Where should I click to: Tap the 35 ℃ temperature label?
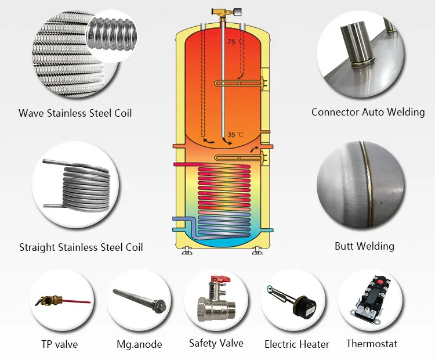coord(235,135)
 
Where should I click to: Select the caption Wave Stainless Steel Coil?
coord(75,113)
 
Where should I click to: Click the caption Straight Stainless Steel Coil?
coord(81,247)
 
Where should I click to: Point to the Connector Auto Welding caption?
coord(368,112)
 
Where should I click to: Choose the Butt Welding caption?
coord(364,246)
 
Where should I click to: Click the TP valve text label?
coord(59,344)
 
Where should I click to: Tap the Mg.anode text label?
coord(139,344)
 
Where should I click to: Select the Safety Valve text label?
coord(216,343)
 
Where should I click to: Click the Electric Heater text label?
coord(297,344)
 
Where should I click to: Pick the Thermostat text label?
coord(372,344)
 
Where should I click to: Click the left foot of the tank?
coord(187,251)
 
